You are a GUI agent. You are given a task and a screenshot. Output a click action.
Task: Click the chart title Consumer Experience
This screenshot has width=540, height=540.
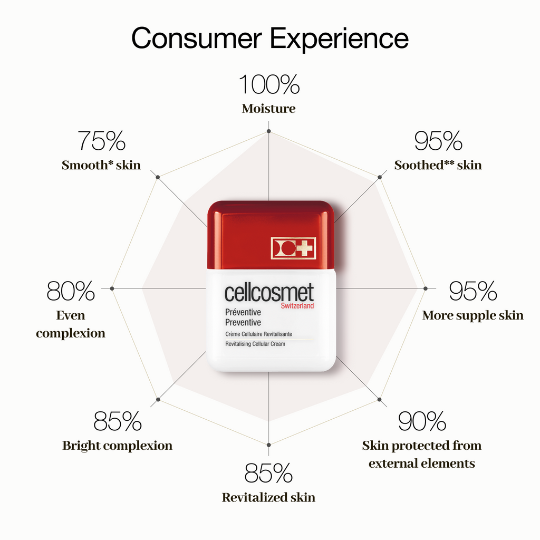coord(270,38)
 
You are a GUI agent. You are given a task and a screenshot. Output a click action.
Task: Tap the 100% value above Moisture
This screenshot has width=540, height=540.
coord(269,84)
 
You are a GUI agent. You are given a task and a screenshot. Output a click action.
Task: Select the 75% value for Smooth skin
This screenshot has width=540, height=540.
coord(101,141)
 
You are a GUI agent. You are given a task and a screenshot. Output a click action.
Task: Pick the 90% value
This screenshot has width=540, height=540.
coord(422,421)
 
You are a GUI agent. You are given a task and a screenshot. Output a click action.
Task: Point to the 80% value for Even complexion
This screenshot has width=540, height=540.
coord(71,291)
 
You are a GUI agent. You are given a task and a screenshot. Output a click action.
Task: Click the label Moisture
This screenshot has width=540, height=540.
coord(268,109)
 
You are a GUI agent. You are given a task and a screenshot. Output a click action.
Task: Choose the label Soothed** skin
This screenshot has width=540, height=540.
coord(438,165)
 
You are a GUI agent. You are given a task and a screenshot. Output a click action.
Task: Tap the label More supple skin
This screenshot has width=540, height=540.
coord(473,315)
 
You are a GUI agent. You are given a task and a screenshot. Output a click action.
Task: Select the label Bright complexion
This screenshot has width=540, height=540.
coord(117,446)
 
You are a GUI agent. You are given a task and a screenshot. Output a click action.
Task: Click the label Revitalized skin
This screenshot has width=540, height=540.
coord(268,497)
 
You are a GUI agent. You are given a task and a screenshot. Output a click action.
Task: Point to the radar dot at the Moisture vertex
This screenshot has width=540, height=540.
coord(268,131)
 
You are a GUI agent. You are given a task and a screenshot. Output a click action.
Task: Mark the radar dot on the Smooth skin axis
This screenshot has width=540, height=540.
coord(158,177)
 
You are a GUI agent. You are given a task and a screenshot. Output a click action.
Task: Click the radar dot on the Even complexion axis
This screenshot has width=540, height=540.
coord(112,288)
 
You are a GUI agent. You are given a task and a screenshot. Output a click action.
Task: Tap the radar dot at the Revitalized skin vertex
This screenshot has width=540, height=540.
coord(268,445)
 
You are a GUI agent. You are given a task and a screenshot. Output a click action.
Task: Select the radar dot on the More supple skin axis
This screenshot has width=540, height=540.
coord(426,288)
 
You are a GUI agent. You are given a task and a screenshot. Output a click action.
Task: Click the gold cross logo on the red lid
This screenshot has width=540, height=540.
coord(293,248)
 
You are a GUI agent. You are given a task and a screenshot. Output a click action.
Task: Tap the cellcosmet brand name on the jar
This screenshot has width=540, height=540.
coord(269,292)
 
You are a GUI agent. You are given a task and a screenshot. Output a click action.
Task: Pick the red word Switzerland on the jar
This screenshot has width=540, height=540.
coord(297,306)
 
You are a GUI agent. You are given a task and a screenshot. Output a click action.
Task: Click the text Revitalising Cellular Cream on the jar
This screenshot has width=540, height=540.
coord(255,344)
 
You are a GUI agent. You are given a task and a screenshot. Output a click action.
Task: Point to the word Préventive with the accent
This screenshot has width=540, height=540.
coord(243,312)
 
